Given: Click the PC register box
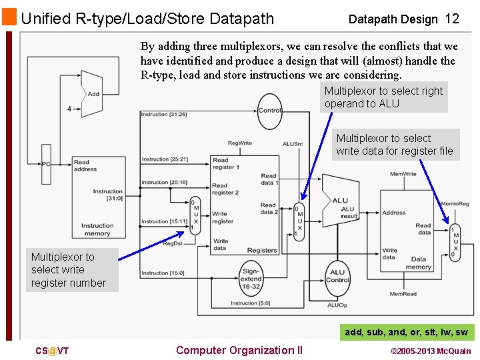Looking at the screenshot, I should (x=46, y=164).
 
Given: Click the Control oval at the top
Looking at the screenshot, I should (x=269, y=111).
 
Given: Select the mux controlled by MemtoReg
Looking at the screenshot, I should (x=455, y=242).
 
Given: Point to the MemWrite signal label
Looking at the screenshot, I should (x=403, y=174).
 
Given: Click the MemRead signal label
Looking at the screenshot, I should (x=403, y=294).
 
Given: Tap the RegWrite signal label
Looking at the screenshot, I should (x=240, y=143).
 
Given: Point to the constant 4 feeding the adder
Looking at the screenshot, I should (x=69, y=109).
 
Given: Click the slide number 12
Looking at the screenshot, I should (x=452, y=19).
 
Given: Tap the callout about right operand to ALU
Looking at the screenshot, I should (x=383, y=97).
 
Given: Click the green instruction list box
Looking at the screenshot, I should (x=406, y=332).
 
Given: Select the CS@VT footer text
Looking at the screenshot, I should (x=52, y=351).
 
